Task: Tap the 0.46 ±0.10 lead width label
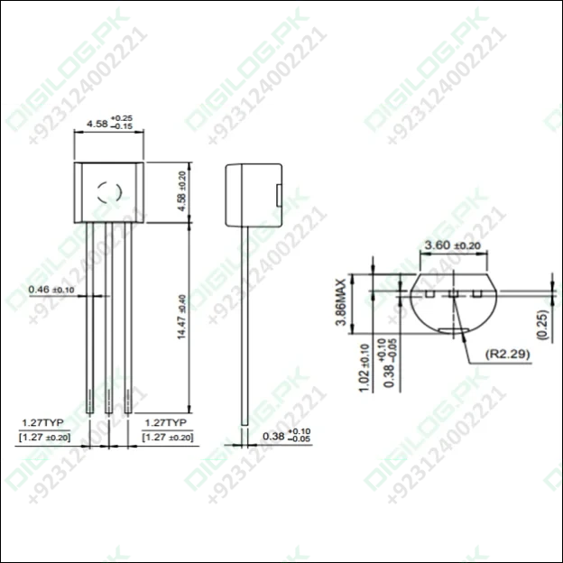(51, 290)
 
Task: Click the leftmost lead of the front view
(91, 316)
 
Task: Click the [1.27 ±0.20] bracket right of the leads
(167, 437)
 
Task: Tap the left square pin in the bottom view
(430, 294)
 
